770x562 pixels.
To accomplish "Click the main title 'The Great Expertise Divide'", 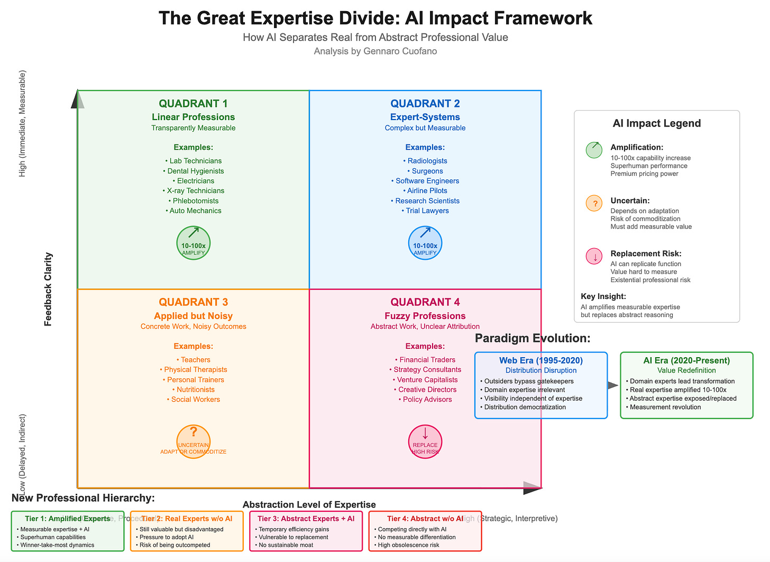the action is click(375, 18).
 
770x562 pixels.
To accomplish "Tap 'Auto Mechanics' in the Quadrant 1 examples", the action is click(194, 211).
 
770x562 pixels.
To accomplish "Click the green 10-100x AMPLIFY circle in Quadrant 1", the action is click(194, 243).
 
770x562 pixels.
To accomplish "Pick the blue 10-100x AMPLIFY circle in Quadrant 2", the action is click(425, 243).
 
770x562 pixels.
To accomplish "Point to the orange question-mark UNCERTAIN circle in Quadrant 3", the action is click(194, 441).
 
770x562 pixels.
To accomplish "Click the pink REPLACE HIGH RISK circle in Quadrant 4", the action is click(425, 441).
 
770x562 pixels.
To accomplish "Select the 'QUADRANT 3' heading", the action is click(194, 302).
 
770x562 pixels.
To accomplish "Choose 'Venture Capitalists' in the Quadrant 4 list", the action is click(425, 379).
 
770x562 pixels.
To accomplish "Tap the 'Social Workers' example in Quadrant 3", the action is click(194, 400).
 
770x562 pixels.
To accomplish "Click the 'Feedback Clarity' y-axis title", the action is click(48, 289).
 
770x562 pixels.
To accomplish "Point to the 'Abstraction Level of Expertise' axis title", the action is click(309, 505).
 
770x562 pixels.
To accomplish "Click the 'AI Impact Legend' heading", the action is click(657, 123).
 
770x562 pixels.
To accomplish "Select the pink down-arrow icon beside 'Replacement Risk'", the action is click(594, 257).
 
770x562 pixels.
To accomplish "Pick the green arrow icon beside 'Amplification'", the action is click(594, 150).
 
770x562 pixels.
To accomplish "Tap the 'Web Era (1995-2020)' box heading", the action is click(541, 360).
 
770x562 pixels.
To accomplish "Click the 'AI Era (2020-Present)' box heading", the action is click(686, 360).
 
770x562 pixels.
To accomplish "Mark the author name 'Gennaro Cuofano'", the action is click(400, 51).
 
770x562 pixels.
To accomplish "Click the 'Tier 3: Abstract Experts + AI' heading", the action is click(306, 519).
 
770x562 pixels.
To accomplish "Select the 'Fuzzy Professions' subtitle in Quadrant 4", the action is click(425, 316).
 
